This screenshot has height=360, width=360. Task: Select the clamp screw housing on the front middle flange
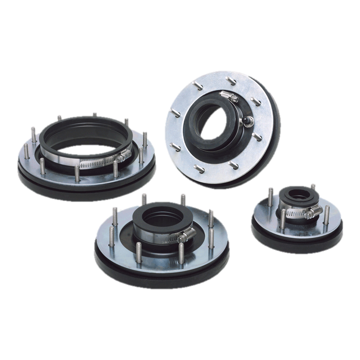(185, 235)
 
